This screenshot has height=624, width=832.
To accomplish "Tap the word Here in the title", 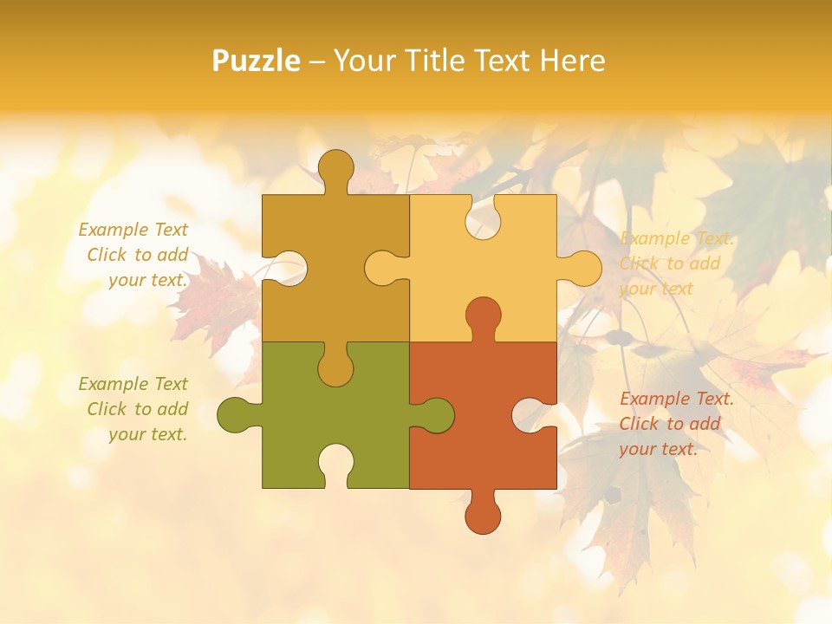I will [573, 61].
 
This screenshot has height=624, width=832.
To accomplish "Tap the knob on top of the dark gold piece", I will [335, 169].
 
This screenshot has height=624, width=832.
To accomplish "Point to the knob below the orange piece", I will [483, 514].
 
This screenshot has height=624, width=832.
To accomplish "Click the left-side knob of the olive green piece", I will [236, 415].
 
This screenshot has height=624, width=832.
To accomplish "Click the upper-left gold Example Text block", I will [135, 255].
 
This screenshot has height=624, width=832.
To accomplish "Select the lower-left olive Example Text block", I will [135, 409].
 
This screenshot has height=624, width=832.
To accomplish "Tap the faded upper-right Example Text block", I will [675, 263].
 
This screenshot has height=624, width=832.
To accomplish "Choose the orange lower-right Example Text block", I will [675, 424].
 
